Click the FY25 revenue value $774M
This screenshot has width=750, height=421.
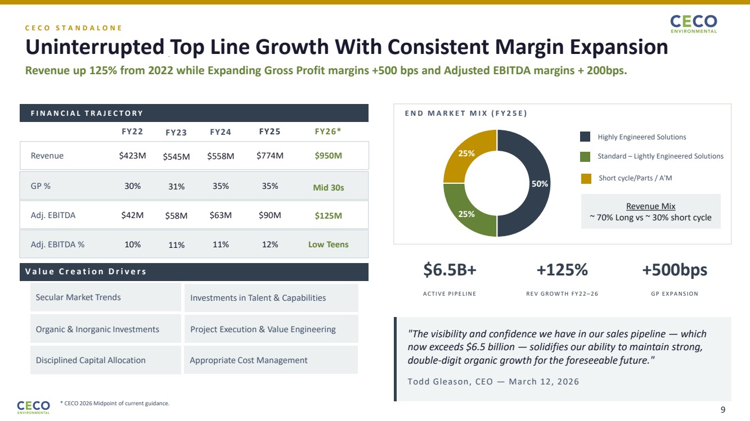coord(270,156)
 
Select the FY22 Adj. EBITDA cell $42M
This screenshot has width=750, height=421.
coord(132,215)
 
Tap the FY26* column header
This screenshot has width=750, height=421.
coord(328,132)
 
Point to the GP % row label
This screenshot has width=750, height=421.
coord(41,186)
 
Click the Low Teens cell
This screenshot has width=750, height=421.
coord(328,245)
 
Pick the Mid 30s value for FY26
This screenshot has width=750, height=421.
coord(328,188)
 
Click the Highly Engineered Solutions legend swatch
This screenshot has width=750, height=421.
coord(585,137)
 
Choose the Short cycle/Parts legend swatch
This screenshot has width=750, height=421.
coord(586,178)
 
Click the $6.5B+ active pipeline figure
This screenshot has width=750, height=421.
coord(450,270)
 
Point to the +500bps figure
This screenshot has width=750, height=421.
coord(674,270)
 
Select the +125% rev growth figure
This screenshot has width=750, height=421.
coord(562,270)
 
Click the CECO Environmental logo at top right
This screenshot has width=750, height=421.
coord(693,24)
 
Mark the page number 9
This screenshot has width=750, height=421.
coord(723,409)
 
